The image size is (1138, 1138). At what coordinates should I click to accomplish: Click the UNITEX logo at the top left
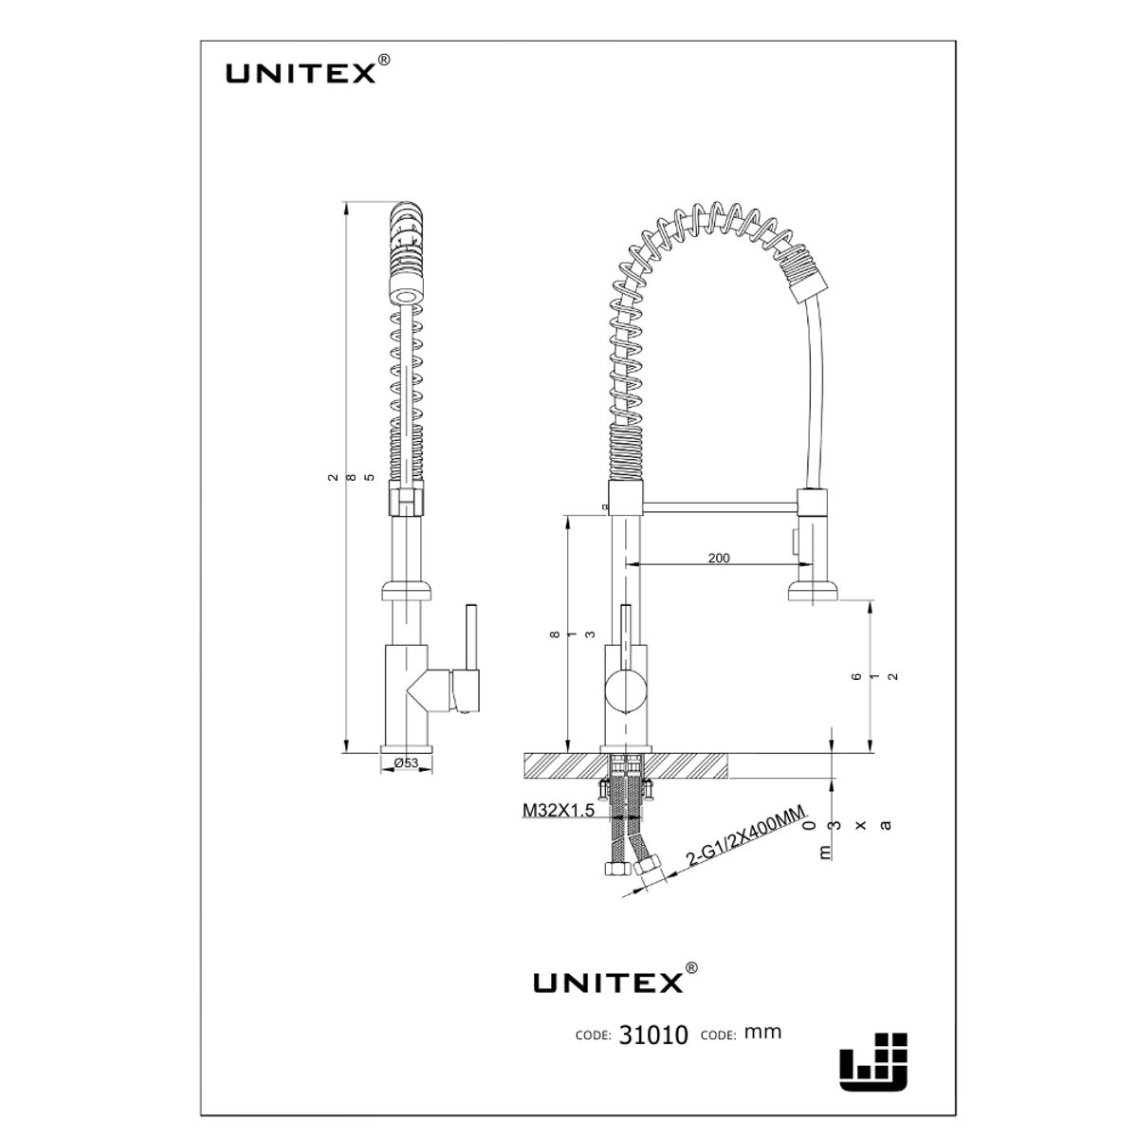[302, 73]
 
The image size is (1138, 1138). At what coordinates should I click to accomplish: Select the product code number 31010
[653, 1035]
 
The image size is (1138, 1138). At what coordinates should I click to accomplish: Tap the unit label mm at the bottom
[762, 1032]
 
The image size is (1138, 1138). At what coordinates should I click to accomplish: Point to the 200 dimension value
[719, 558]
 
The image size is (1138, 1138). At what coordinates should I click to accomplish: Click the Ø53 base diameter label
[407, 763]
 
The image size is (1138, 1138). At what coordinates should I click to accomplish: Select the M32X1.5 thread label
[558, 811]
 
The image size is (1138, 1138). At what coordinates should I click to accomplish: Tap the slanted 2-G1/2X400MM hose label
[744, 835]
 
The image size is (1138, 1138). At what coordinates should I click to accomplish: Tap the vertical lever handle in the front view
[626, 631]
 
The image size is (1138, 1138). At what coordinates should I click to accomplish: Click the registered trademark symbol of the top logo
[383, 60]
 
